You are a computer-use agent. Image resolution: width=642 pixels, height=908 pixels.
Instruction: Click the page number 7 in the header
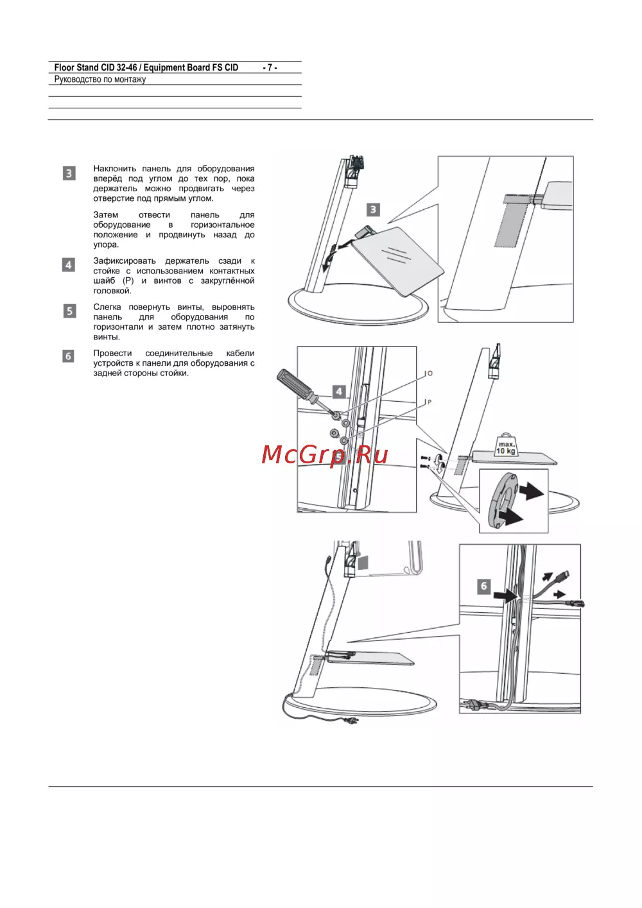(270, 67)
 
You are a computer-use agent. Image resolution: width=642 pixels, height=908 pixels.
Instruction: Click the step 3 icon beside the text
(69, 173)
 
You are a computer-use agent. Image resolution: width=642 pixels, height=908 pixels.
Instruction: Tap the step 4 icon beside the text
(69, 265)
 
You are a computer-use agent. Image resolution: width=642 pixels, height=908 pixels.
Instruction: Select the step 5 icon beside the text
(70, 311)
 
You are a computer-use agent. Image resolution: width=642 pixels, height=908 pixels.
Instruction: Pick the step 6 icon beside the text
(68, 356)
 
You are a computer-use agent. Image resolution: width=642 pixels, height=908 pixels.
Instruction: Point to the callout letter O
(430, 373)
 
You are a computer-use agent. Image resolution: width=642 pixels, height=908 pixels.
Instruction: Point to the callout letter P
(429, 402)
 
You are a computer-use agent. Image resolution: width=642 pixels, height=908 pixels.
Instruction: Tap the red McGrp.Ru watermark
(324, 455)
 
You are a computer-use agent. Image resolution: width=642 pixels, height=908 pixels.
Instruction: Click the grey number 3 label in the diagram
(373, 210)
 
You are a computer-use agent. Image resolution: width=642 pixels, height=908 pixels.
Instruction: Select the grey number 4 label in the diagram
(339, 392)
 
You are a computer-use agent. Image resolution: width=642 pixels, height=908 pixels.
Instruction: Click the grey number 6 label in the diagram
(483, 586)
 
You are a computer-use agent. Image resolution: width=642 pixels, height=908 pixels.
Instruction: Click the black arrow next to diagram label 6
(506, 596)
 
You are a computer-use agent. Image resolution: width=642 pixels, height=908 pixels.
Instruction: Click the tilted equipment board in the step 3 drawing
(397, 259)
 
